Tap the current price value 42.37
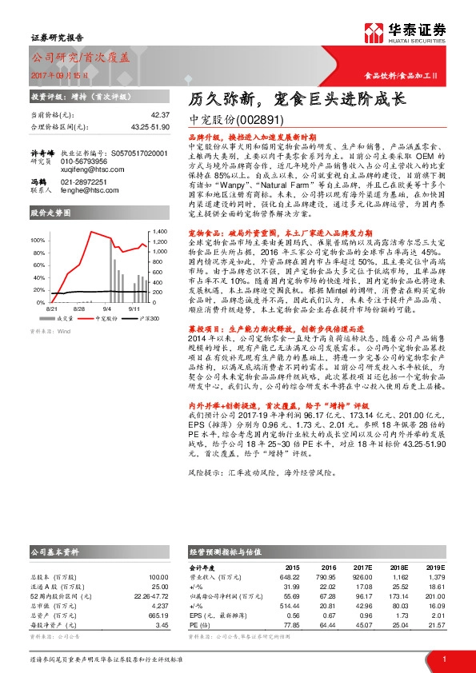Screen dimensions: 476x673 coord(160,115)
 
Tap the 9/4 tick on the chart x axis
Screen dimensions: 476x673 coord(86,307)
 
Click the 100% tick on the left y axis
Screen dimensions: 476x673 coord(38,241)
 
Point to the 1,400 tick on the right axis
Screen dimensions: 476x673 coord(158,231)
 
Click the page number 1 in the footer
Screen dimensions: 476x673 coord(443,659)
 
